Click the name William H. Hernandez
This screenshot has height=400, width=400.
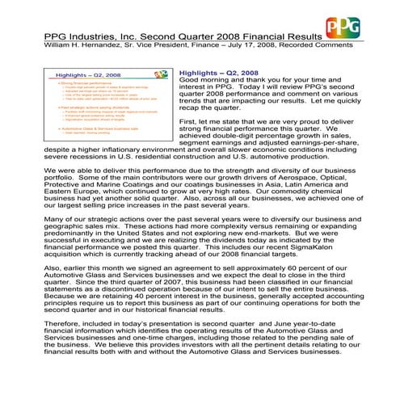point(67,45)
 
